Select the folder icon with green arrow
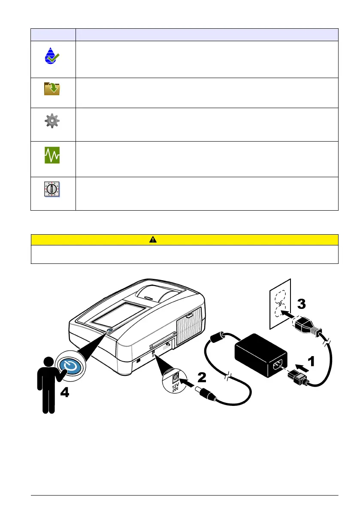(x=53, y=89)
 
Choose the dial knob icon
(x=53, y=189)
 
